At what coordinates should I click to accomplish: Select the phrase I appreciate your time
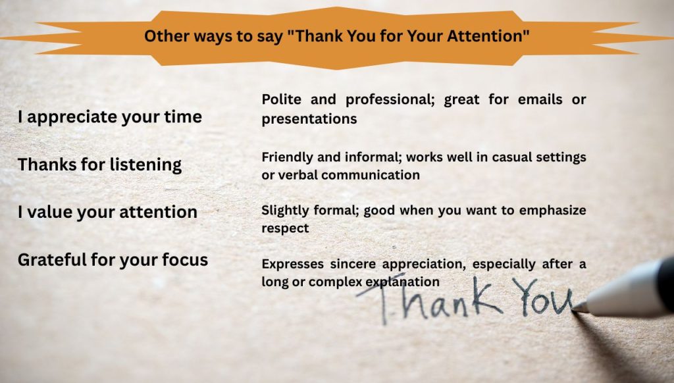click(110, 117)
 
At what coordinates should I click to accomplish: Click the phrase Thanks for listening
click(99, 165)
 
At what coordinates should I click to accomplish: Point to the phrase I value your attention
click(107, 212)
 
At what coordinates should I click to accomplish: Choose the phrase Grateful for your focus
click(113, 260)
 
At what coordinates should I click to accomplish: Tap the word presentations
click(309, 119)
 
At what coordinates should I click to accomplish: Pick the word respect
click(285, 228)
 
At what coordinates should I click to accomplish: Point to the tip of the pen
click(575, 307)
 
